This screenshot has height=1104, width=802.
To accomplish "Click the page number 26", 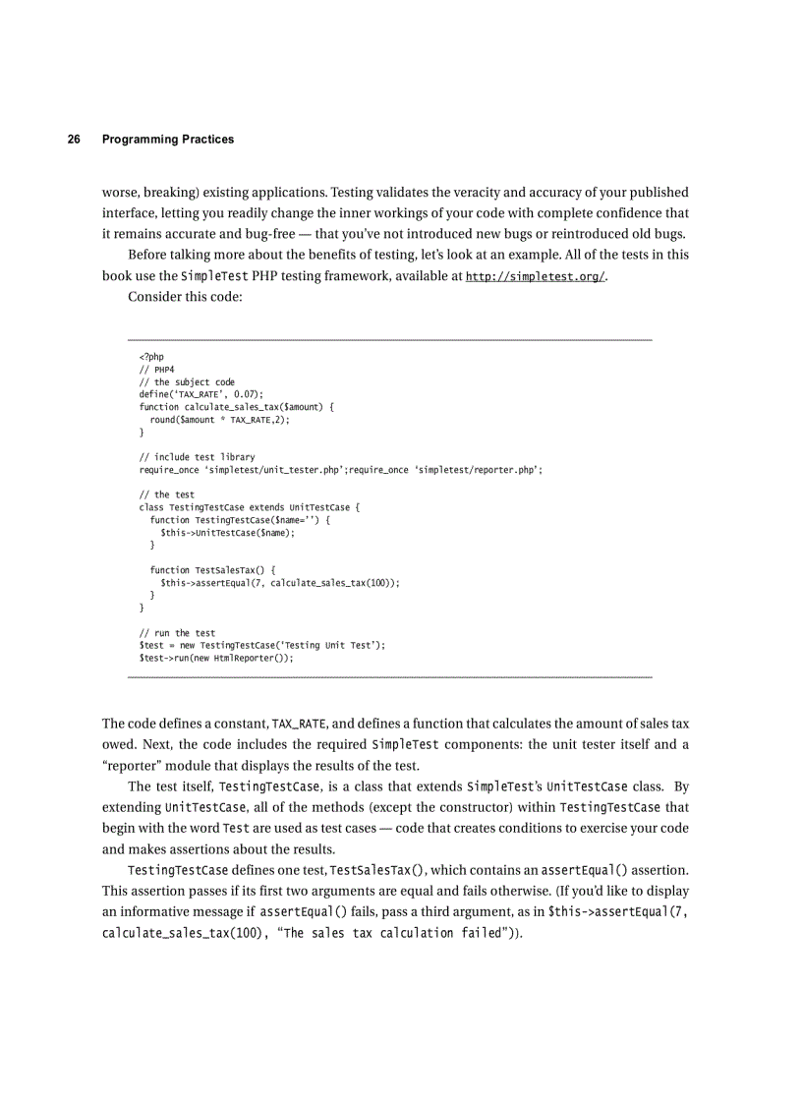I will (74, 140).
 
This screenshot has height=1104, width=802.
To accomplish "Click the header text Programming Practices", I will (168, 140).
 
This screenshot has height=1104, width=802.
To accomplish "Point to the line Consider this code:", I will (185, 299).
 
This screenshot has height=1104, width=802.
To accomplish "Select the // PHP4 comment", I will (156, 371).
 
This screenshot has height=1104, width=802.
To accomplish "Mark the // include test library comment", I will (198, 457).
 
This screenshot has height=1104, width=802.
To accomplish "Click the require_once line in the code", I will (340, 470).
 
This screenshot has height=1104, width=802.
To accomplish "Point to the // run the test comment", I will (178, 633).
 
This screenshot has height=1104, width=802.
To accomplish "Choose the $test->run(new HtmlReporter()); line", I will (216, 658).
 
